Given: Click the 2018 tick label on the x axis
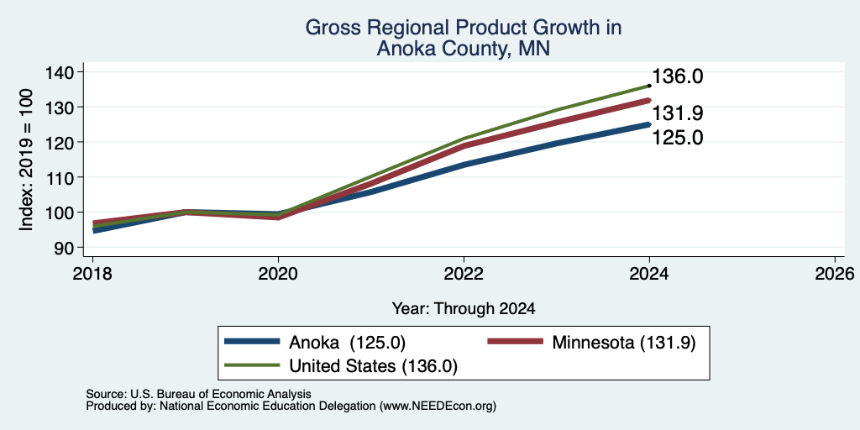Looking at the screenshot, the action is (92, 273).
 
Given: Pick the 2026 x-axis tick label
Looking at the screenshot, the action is (835, 273).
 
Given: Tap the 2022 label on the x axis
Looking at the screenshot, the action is (464, 273).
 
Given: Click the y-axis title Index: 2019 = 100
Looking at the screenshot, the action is (26, 160).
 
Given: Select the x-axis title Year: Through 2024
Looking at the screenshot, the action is (464, 309).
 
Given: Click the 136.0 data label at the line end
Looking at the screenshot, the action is (678, 76).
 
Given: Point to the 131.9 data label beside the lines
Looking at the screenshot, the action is (678, 113).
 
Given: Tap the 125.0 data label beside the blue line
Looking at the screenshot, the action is (678, 138).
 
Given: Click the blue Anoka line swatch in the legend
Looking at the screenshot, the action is (252, 342).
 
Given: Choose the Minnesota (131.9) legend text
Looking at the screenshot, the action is (624, 343).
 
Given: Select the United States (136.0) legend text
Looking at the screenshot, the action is (373, 366).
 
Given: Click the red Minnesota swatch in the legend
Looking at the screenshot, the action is (516, 342).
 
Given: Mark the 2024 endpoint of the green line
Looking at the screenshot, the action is (649, 86).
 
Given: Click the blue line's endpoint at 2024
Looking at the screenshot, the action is (649, 124).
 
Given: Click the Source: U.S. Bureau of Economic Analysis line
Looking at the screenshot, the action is (198, 394).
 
